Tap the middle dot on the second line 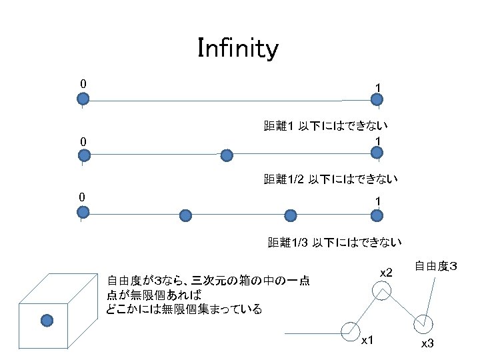[x=227, y=155]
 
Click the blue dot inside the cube [x=47, y=321]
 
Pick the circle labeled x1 [x=349, y=330]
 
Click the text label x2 [x=387, y=272]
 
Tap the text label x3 [x=427, y=343]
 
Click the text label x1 [x=367, y=341]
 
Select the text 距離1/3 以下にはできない [x=334, y=243]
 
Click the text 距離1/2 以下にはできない [x=331, y=179]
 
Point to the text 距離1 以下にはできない [x=326, y=125]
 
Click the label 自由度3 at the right [x=436, y=267]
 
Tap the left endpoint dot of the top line [x=83, y=100]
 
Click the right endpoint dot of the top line [x=377, y=100]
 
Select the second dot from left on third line [x=186, y=215]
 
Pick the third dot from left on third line [x=290, y=215]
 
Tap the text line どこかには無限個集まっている [x=184, y=309]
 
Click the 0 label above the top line [x=83, y=84]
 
